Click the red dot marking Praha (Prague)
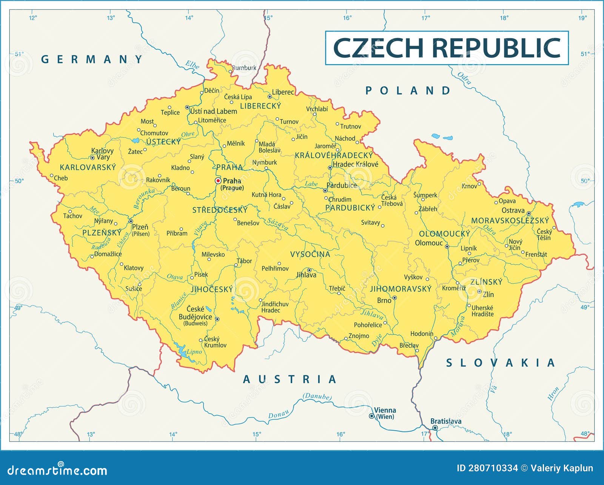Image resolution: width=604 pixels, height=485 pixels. (218, 181)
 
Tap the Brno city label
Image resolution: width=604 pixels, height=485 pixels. (384, 301)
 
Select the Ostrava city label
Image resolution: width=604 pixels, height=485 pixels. (513, 210)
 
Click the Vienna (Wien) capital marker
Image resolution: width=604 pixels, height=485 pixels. (372, 416)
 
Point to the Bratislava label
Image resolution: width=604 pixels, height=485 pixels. (446, 421)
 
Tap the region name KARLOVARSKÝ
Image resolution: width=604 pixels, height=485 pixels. (88, 167)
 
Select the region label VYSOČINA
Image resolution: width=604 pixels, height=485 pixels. (310, 254)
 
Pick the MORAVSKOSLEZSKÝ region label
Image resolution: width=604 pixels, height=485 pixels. (510, 221)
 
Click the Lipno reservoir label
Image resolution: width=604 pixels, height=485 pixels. (194, 351)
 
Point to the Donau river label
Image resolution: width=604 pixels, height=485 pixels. (278, 414)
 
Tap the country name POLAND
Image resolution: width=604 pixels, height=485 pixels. (408, 91)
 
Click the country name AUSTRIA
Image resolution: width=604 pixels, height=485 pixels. (290, 379)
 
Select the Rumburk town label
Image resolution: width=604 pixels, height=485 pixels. (244, 68)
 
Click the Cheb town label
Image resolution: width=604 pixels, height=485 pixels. (61, 178)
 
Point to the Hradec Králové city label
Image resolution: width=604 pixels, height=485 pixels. (355, 164)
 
